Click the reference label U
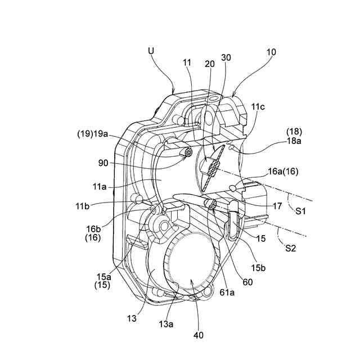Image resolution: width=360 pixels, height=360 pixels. (151, 51)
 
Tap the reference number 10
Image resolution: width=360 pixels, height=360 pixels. (271, 52)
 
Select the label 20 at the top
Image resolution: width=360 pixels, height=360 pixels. (210, 64)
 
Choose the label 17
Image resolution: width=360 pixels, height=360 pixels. (277, 206)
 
